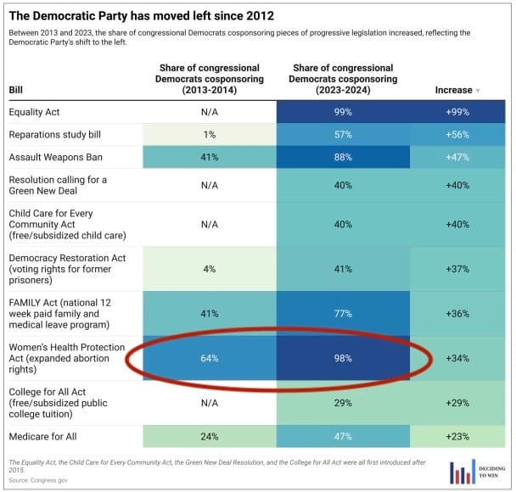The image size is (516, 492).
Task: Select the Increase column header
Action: coord(457,89)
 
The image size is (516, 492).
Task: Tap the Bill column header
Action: coord(16,89)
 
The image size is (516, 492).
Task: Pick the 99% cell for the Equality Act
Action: coord(343,112)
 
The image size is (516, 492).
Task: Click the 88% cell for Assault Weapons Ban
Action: coord(343,157)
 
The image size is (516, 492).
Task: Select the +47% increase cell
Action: coord(458,157)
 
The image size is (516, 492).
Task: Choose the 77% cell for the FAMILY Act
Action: coord(343,313)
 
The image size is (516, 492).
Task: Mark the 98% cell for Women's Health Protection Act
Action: coord(343,358)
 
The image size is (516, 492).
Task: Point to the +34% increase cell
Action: coord(458,358)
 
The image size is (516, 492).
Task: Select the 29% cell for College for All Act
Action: coord(343,403)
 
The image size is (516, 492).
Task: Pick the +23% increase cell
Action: coord(458,437)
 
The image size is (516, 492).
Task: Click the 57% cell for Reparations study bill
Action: coord(343,135)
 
